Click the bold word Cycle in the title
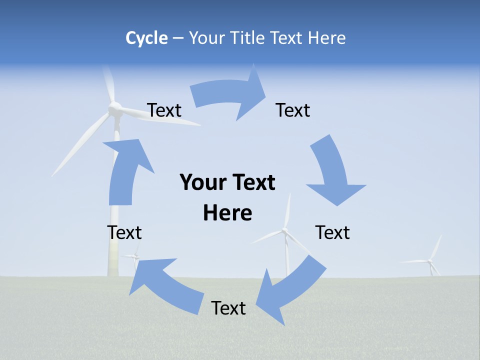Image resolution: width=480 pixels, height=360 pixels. click(146, 38)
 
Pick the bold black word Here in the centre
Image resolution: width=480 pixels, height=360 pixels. click(227, 213)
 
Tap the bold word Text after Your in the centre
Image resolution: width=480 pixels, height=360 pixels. click(253, 182)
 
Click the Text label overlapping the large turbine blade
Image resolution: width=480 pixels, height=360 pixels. click(164, 110)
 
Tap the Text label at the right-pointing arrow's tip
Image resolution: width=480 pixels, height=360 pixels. click(293, 110)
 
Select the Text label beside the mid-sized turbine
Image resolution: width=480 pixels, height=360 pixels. click(332, 232)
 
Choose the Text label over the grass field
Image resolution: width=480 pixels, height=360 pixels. click(228, 308)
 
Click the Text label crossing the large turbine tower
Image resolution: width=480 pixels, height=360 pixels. click(124, 232)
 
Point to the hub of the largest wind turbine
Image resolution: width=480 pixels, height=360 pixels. click(115, 108)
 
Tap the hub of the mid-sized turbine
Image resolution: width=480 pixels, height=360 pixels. click(284, 230)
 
